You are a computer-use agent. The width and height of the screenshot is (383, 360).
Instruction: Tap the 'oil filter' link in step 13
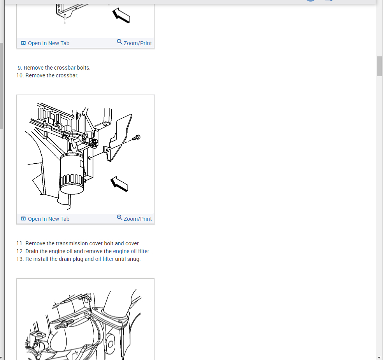104,259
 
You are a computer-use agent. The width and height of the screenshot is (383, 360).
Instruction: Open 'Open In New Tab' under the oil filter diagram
49,219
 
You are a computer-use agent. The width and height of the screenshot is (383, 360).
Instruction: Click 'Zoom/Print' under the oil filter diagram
138,219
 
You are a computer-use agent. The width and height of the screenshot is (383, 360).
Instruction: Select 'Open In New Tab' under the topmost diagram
49,43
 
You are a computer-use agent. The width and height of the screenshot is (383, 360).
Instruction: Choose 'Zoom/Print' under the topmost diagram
138,43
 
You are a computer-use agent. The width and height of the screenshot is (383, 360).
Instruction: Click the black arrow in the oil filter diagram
119,184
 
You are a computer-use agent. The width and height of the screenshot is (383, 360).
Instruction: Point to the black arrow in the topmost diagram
121,16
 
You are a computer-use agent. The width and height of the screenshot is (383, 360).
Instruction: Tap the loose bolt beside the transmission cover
136,138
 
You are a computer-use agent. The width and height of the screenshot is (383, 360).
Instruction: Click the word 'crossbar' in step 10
67,75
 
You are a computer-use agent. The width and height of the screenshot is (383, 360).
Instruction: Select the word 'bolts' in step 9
84,68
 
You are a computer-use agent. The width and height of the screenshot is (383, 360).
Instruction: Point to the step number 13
20,259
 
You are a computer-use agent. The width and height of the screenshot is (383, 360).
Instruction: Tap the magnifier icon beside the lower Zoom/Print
119,218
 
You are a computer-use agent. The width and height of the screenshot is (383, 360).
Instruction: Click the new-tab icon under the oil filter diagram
23,219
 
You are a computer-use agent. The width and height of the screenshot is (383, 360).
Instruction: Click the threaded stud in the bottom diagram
64,324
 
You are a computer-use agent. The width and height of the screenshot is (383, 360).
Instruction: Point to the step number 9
20,68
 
